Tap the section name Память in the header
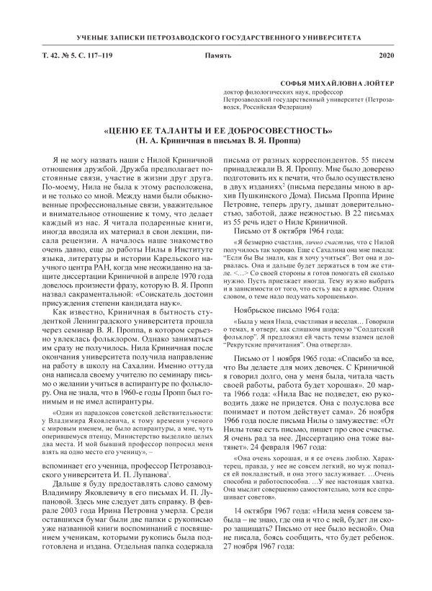click(x=216, y=55)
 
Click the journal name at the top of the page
click(x=215, y=35)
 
